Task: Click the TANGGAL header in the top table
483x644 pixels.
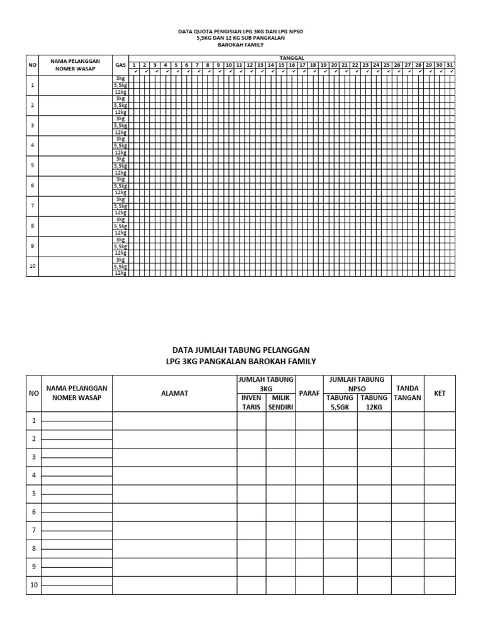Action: tap(292, 58)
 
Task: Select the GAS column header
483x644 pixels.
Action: tap(120, 65)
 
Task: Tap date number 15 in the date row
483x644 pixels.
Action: tap(281, 65)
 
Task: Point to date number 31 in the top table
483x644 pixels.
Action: tap(450, 65)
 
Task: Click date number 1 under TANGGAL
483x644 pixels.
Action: tap(134, 65)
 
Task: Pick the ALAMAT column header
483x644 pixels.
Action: tap(174, 393)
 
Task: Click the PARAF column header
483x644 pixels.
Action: tap(309, 393)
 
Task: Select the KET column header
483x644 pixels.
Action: tap(440, 393)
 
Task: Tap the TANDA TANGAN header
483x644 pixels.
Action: tap(408, 393)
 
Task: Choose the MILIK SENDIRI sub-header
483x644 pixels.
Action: tap(280, 402)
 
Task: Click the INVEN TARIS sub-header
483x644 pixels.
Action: tap(251, 402)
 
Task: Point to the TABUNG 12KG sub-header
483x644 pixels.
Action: tap(374, 402)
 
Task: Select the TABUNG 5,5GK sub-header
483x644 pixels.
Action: tap(340, 402)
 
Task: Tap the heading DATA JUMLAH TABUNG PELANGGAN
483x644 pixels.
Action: tap(241, 350)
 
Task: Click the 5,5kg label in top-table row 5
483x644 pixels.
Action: tap(120, 166)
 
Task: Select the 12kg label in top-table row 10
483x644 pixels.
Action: tap(120, 274)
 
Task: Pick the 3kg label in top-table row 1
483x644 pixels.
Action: tap(120, 78)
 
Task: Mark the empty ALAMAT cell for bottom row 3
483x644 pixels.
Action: tap(174, 457)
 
